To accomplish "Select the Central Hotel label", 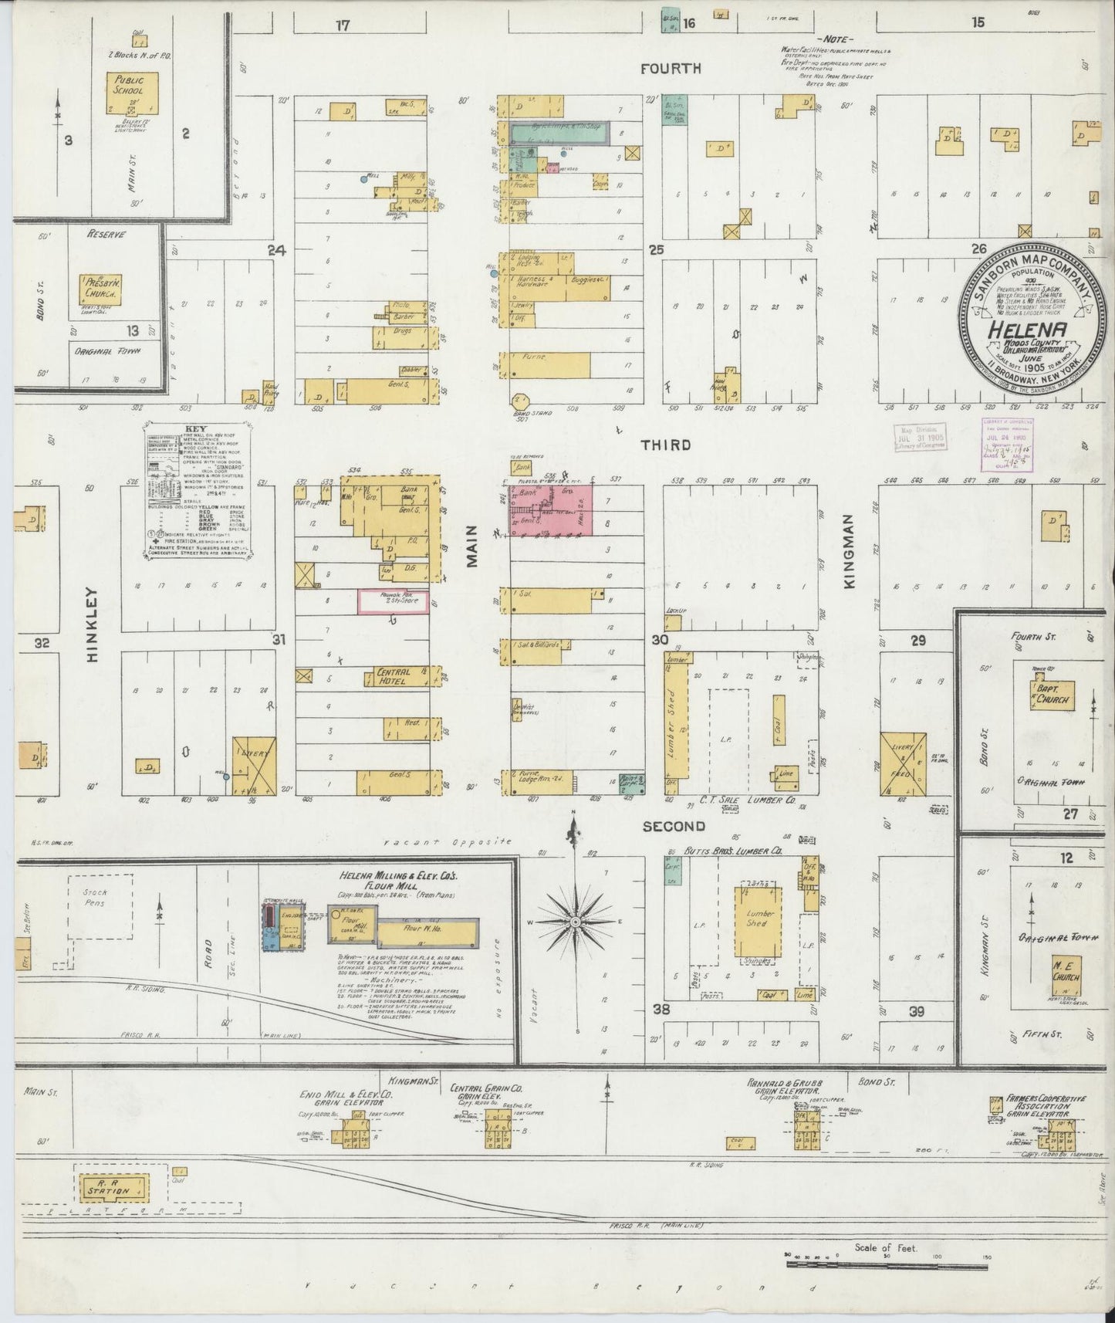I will click(x=394, y=676).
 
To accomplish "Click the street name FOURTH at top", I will click(x=671, y=69).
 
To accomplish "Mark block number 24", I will click(x=276, y=249).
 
